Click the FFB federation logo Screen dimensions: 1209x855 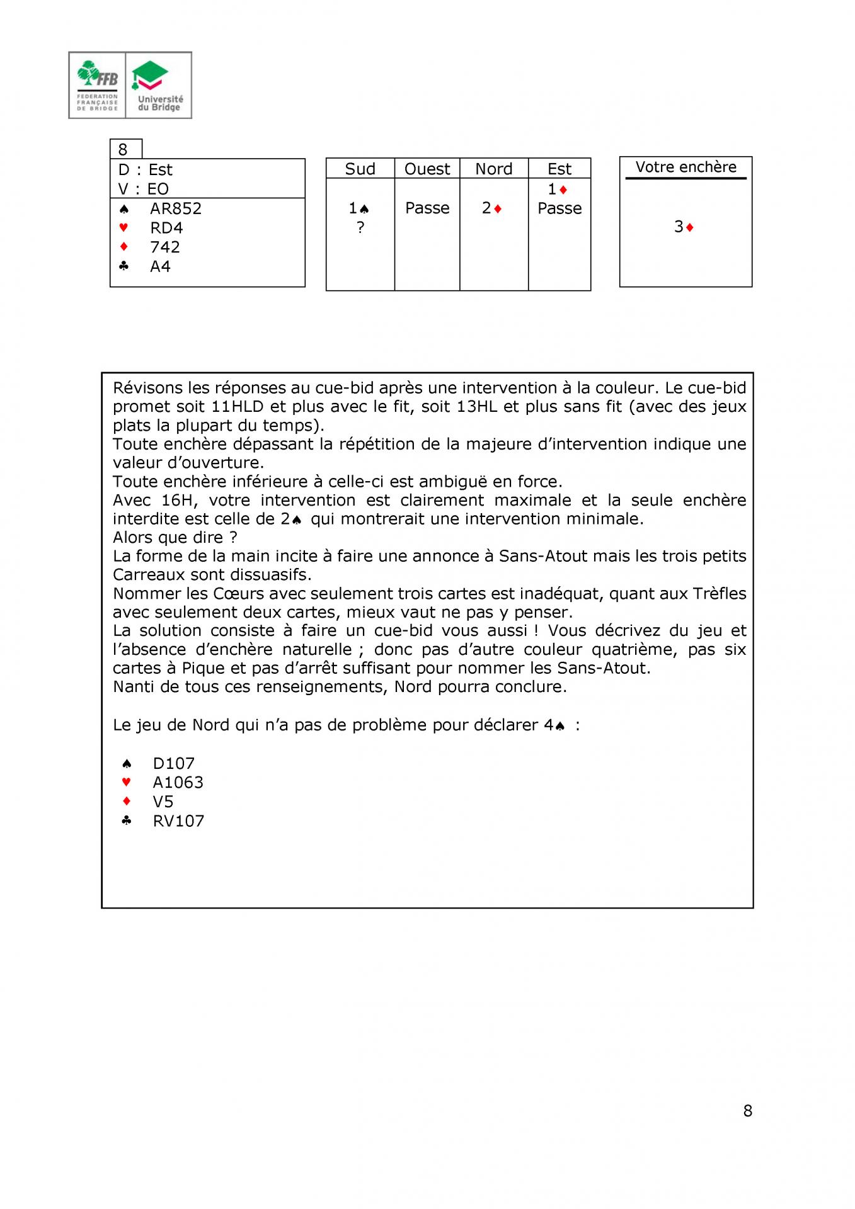click(98, 86)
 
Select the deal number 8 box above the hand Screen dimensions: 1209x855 click(123, 149)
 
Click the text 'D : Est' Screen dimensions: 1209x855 click(146, 170)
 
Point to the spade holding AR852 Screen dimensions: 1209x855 click(175, 208)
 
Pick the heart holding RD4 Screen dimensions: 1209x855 click(166, 228)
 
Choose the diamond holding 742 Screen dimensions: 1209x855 click(165, 247)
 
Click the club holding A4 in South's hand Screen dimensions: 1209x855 click(160, 266)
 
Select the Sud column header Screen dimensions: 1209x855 click(360, 169)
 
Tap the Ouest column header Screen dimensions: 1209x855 click(427, 169)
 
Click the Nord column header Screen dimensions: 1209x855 click(493, 169)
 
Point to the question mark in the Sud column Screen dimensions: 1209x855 click(360, 227)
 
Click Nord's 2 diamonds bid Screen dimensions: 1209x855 click(491, 208)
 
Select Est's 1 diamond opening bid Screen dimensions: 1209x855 click(558, 189)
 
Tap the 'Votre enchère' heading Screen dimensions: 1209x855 click(686, 167)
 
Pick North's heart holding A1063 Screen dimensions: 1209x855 click(178, 782)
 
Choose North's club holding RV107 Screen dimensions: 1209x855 click(178, 821)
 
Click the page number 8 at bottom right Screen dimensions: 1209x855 click(748, 1111)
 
